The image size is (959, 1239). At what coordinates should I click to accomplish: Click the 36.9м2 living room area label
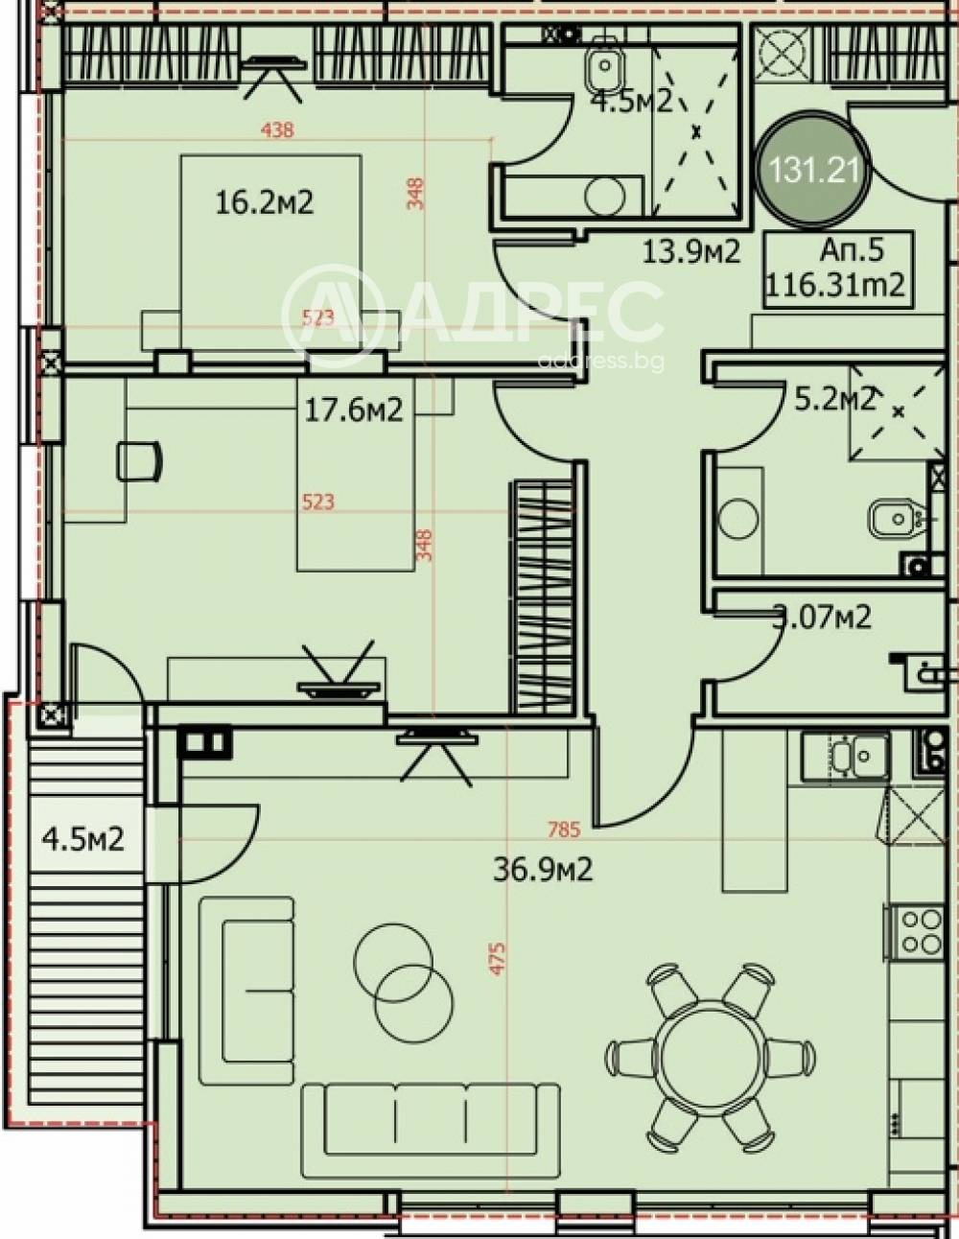point(542,869)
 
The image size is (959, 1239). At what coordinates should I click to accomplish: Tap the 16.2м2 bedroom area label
point(264,202)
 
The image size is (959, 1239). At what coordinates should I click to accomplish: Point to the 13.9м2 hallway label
point(690,252)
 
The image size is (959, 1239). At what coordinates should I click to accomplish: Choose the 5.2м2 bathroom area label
point(834,399)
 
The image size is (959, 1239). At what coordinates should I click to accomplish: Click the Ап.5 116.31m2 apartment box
point(837,269)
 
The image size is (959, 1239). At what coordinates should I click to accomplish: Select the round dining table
point(710,1056)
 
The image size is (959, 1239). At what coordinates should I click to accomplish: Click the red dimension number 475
point(497,958)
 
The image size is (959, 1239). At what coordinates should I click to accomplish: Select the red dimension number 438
point(276,130)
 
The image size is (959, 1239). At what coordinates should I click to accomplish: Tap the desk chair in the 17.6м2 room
point(139,461)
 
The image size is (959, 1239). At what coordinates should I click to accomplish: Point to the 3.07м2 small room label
point(822,617)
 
